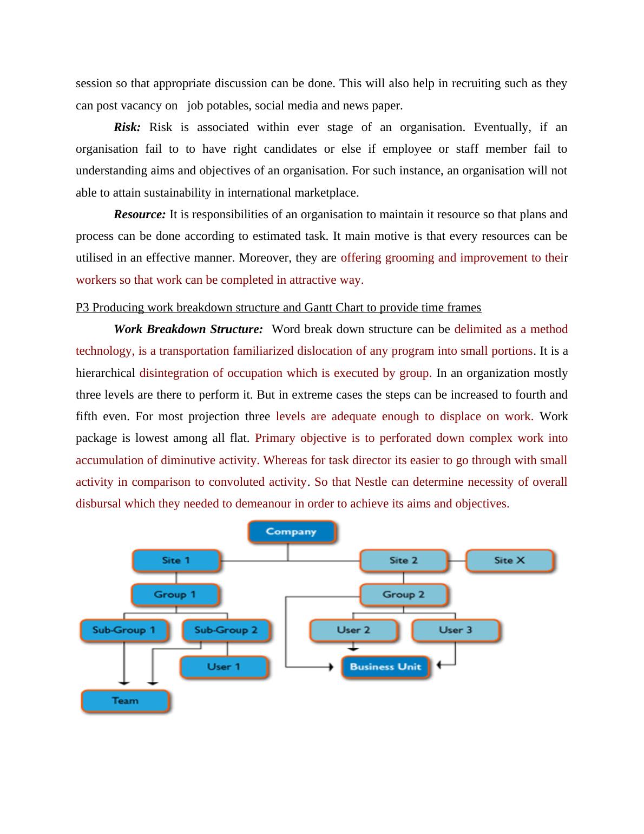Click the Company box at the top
coord(291,532)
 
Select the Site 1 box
coord(176,561)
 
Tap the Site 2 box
coord(404,561)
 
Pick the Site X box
coord(509,561)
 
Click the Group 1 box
coord(175,595)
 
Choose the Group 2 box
coord(404,595)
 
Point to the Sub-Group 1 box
coord(124,630)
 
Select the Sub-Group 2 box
coord(226,630)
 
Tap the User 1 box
coord(224,667)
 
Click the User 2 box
coord(353,630)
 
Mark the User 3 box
coord(456,630)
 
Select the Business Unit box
coord(385,667)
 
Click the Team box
coord(125,701)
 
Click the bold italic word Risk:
coord(127,127)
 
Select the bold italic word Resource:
coord(140,214)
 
